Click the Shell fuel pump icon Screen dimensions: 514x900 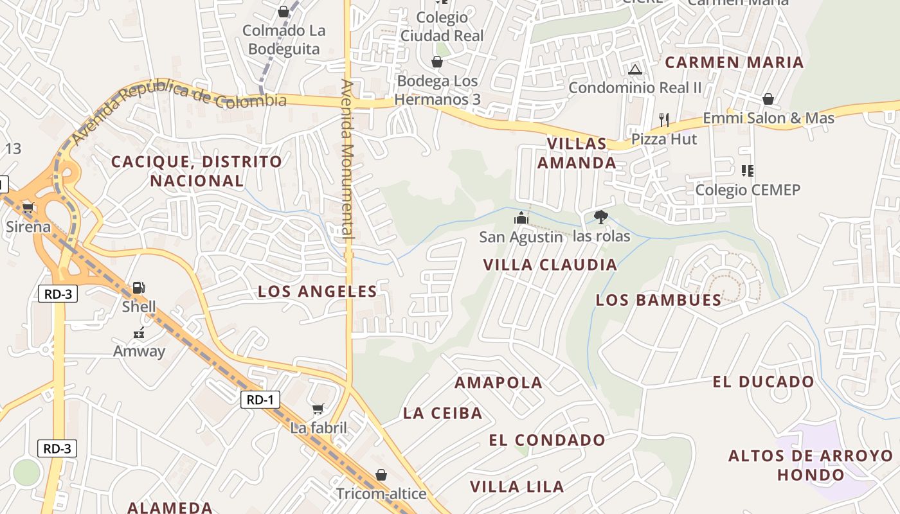pyautogui.click(x=139, y=288)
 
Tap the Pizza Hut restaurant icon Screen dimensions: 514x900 pyautogui.click(x=664, y=120)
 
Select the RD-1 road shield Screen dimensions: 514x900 pyautogui.click(x=260, y=400)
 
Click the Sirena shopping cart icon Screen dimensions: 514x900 pyautogui.click(x=28, y=208)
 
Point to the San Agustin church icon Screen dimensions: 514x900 pyautogui.click(x=521, y=218)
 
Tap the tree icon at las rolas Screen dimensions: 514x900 pyautogui.click(x=601, y=217)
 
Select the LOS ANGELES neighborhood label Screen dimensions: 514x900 pyautogui.click(x=318, y=291)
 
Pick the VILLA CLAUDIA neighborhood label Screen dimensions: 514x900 pyautogui.click(x=550, y=264)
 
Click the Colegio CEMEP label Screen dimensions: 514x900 pyautogui.click(x=748, y=190)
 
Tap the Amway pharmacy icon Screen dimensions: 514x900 pyautogui.click(x=139, y=333)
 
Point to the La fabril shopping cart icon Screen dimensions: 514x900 pyautogui.click(x=318, y=409)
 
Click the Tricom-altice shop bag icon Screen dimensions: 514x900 pyautogui.click(x=381, y=475)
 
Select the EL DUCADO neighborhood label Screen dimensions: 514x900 pyautogui.click(x=763, y=382)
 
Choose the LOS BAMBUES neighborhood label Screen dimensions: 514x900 pyautogui.click(x=658, y=299)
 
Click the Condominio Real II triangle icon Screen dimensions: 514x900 pyautogui.click(x=635, y=69)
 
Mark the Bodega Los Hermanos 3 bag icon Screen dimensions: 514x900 pyautogui.click(x=437, y=62)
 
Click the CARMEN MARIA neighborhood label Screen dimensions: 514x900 pyautogui.click(x=734, y=62)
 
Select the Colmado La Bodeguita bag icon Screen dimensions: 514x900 pyautogui.click(x=283, y=12)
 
